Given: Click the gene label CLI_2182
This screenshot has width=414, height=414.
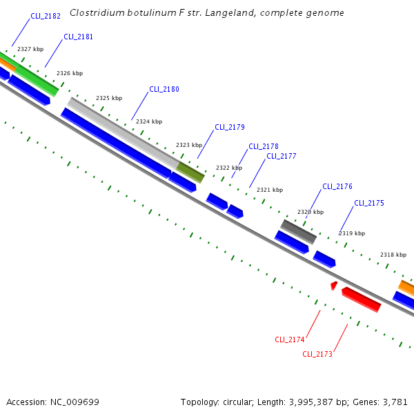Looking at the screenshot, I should pos(46,16).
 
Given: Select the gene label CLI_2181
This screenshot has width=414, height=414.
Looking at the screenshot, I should pos(78,37).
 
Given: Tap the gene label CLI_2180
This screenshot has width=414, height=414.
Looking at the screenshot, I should pos(164,90).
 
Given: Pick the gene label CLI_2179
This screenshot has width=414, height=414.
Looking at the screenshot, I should pos(230,127).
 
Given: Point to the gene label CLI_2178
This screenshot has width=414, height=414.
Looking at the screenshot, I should pos(264,146).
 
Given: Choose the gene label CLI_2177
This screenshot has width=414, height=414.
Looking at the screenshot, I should pos(282,156).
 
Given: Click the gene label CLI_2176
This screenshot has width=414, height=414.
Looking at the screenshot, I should pos(337,186).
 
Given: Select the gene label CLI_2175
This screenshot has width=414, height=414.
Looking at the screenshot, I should pos(369,203).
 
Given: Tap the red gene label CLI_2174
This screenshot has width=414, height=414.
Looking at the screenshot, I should pos(290,339).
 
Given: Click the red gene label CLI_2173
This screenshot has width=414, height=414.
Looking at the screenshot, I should pos(317,354).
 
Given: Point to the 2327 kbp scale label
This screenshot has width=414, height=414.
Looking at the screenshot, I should pos(30,49).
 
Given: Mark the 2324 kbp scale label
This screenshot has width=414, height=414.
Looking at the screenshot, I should pos(149,121).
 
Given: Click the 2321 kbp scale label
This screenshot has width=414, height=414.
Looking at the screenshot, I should pos(270,190).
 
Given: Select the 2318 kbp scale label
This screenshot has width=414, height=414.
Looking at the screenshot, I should pos(393,255).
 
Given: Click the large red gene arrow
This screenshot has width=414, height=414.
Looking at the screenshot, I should pos(362,299).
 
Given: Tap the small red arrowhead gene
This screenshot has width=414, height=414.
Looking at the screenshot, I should pos(334,285).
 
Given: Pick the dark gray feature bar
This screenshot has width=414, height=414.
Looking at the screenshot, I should pos(298,232).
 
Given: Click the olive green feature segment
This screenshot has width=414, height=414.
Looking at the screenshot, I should pos(190,172).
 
